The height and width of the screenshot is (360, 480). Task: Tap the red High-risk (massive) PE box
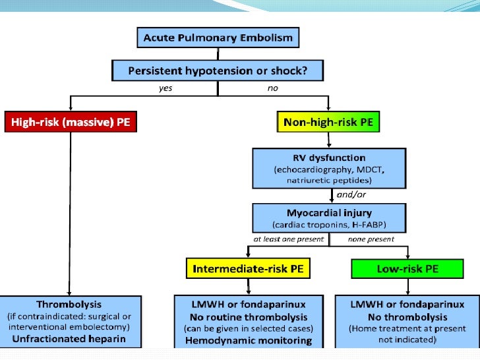coord(71,123)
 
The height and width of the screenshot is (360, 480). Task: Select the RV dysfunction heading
coord(329,158)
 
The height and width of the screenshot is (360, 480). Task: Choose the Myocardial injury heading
coord(329,213)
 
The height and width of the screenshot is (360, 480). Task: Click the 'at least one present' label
coord(289,239)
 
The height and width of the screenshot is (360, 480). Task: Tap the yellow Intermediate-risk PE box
coord(249,268)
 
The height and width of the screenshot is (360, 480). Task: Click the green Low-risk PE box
coord(407,268)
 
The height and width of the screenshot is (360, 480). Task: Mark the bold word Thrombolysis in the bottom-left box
coord(69,305)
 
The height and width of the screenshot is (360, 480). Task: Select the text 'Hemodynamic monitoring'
coord(248,340)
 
